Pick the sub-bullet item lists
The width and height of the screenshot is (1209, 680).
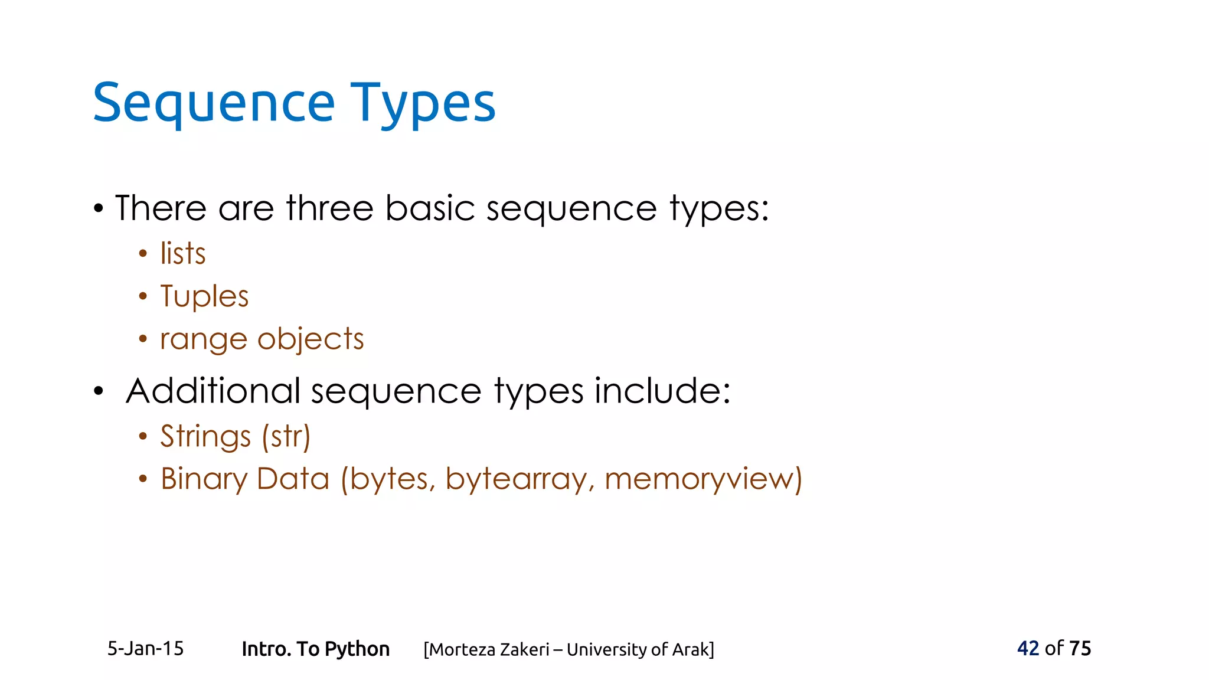pos(183,254)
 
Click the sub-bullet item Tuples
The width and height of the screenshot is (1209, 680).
pos(204,296)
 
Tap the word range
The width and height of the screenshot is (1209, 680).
pos(203,340)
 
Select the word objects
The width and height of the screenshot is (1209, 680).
pos(311,340)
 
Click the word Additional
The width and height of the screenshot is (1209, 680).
pos(213,391)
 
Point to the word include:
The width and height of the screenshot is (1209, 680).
pos(662,391)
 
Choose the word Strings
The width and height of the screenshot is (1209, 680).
pos(205,437)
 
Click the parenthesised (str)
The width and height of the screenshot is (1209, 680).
pos(286,437)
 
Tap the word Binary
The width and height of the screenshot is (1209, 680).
pos(204,479)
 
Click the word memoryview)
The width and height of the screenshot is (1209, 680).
pos(703,479)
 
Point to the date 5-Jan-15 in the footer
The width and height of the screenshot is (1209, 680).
pos(145,649)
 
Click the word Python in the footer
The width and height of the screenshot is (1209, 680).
pos(357,649)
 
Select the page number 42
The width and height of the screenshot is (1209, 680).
pos(1028,648)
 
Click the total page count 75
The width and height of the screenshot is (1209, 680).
pos(1080,648)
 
